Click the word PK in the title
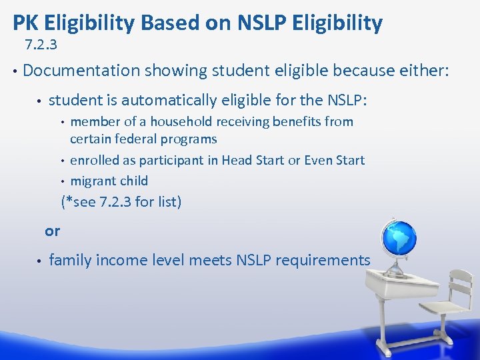25,23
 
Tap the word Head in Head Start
237,161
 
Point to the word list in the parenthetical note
167,201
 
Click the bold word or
52,231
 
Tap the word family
70,261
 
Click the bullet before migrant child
62,181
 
